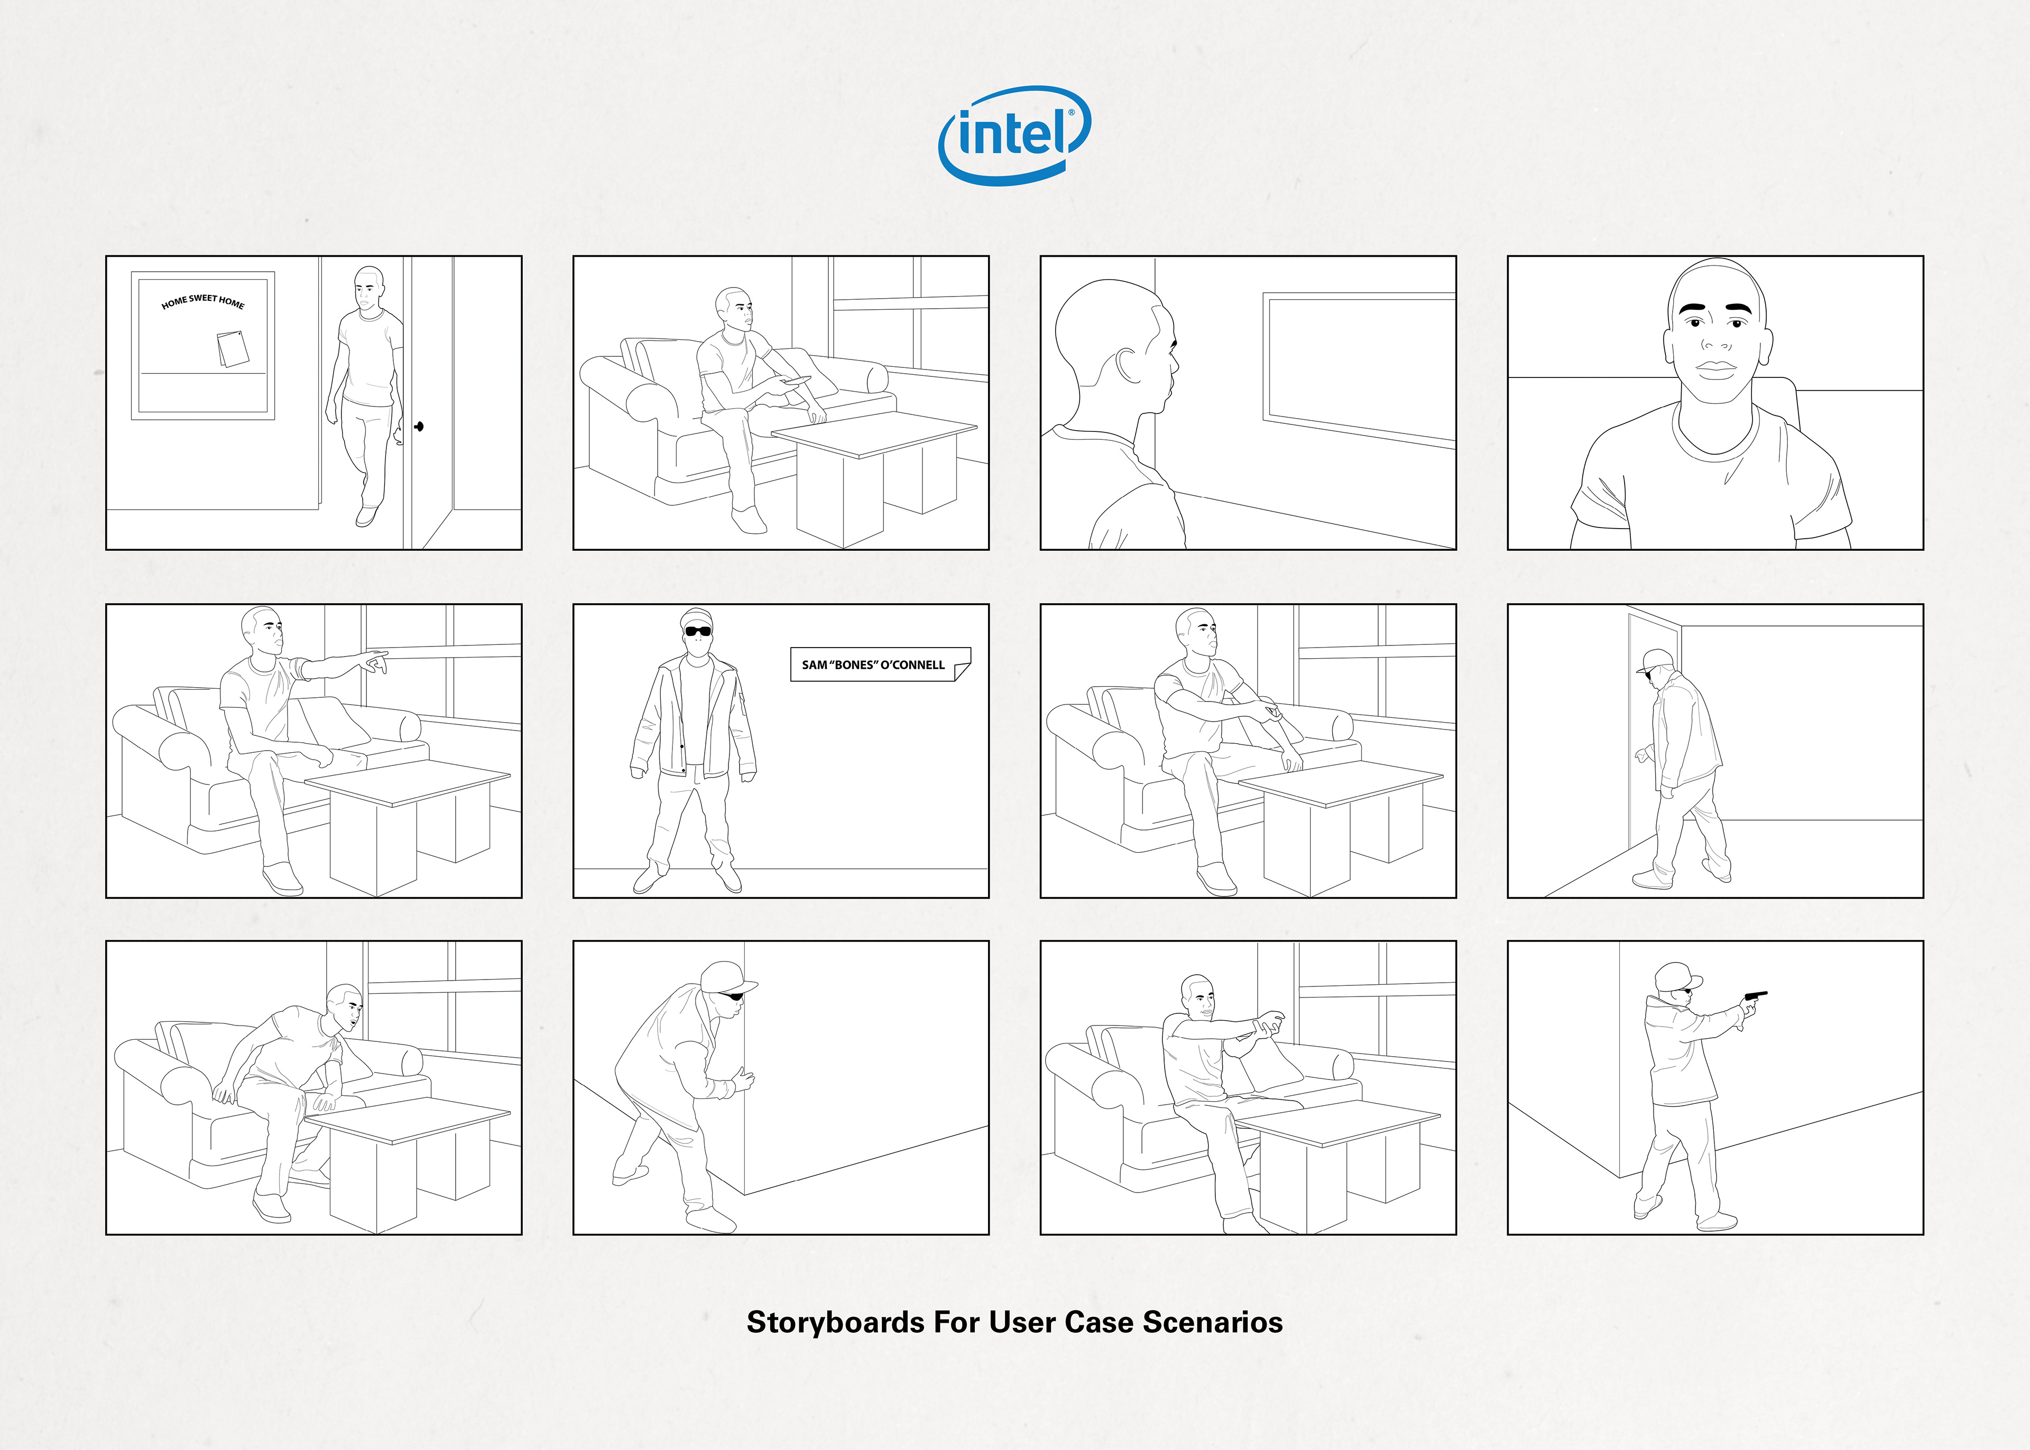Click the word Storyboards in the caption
tap(835, 1322)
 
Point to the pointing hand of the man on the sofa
tap(377, 661)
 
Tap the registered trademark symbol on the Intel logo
tap(1071, 114)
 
